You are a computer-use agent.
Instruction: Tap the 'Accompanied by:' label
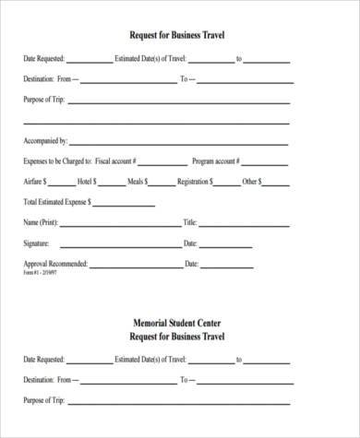tap(44, 141)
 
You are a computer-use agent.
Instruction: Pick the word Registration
tap(196, 182)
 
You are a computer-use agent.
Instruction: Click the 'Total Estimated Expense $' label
tap(58, 201)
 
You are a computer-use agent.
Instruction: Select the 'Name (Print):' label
tap(42, 222)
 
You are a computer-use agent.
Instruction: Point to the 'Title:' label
tap(191, 222)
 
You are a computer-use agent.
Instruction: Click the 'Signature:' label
tap(38, 243)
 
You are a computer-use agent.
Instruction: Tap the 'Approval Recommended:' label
tap(55, 264)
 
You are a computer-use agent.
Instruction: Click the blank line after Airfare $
tap(64, 184)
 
